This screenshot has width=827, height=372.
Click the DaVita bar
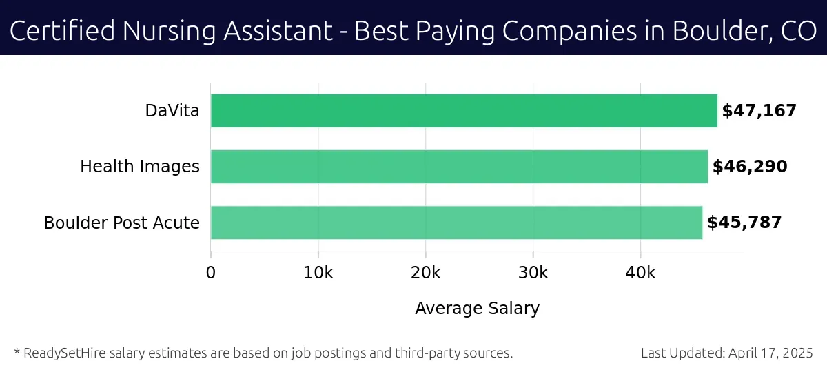463,111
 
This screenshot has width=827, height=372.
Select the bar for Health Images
458,167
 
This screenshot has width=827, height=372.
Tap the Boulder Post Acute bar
456,223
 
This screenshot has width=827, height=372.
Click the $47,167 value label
759,111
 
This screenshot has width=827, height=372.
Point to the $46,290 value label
749,167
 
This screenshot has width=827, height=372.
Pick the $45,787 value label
744,223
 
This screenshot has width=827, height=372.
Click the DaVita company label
172,111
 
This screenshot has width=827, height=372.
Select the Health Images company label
140,167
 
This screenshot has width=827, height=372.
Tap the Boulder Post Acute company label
122,223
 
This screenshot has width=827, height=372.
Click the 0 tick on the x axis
211,273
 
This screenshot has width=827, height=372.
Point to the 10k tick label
318,273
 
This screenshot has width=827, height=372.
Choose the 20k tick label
425,273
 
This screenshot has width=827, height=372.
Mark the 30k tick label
533,273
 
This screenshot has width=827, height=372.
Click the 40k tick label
640,273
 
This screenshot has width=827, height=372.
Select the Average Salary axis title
477,309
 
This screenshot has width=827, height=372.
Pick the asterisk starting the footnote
17,352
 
